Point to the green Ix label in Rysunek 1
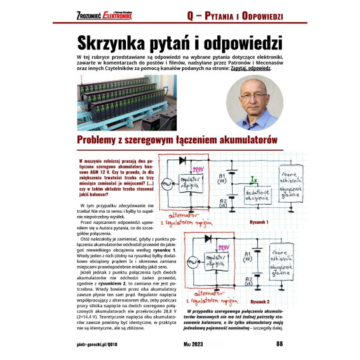[253, 179]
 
